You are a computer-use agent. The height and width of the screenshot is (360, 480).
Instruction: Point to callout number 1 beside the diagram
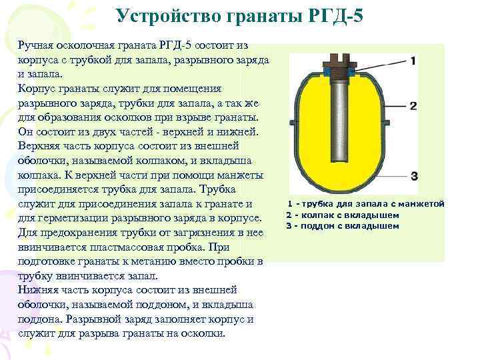413,61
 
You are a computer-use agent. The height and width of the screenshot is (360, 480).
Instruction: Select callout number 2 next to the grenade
413,106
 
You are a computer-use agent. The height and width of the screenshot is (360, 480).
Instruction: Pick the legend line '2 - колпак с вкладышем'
343,215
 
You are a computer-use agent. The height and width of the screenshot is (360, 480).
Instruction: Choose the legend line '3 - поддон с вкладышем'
343,225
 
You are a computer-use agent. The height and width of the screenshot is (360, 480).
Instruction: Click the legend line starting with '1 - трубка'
365,203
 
